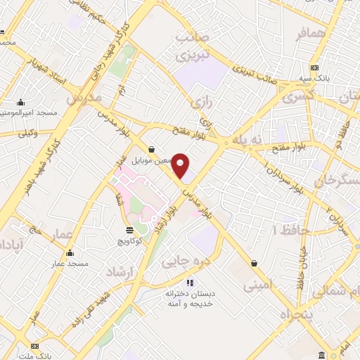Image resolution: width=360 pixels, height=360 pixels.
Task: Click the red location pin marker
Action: coord(181,166)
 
